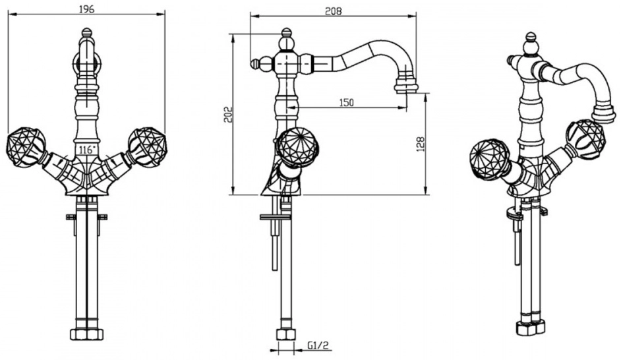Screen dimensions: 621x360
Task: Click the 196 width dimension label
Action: pyautogui.click(x=86, y=9)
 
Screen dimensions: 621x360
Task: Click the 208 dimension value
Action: pyautogui.click(x=333, y=11)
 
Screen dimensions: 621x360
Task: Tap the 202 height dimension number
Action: pyautogui.click(x=227, y=115)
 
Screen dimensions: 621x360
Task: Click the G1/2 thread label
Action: pyautogui.click(x=318, y=345)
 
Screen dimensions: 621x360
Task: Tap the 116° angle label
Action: pyautogui.click(x=87, y=150)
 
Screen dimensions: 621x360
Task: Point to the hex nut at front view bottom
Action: pyautogui.click(x=87, y=334)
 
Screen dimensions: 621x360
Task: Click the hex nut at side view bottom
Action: pyautogui.click(x=286, y=334)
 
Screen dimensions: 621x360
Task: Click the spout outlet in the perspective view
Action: pyautogui.click(x=604, y=113)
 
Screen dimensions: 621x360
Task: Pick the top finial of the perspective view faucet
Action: pyautogui.click(x=530, y=44)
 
